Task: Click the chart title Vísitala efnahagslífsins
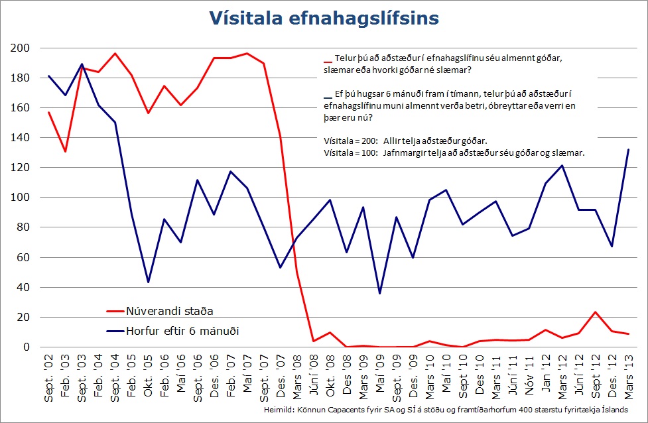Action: tap(324, 18)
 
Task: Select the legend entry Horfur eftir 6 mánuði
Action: tap(183, 331)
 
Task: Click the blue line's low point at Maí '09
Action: tap(379, 293)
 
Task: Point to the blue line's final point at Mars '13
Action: tap(628, 150)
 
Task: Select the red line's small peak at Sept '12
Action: tap(595, 312)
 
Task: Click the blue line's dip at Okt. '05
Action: tap(147, 282)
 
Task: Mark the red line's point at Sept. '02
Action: tap(48, 112)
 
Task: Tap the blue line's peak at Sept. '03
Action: tap(81, 64)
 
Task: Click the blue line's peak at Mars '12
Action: tap(562, 166)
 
